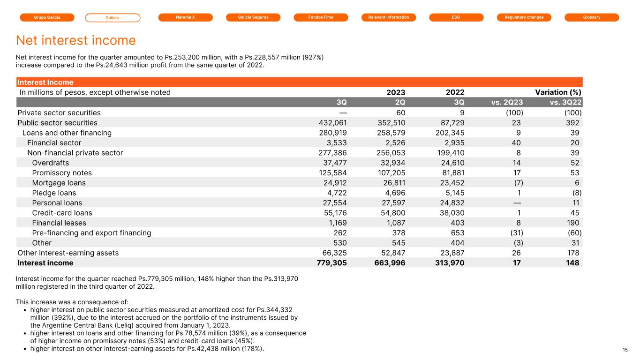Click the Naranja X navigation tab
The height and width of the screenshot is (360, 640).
[185, 17]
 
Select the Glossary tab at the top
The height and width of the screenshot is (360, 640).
[592, 17]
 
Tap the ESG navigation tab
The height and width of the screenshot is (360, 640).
[456, 17]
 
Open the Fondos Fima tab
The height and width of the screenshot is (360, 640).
[321, 17]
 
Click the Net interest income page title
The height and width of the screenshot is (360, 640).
[76, 40]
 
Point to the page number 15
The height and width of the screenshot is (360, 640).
[625, 350]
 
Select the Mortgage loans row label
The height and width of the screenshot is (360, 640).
[59, 183]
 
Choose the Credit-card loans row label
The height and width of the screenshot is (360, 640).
[62, 213]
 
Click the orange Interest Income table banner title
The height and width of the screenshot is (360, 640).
[45, 82]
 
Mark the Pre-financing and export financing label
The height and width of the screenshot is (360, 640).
[91, 233]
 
